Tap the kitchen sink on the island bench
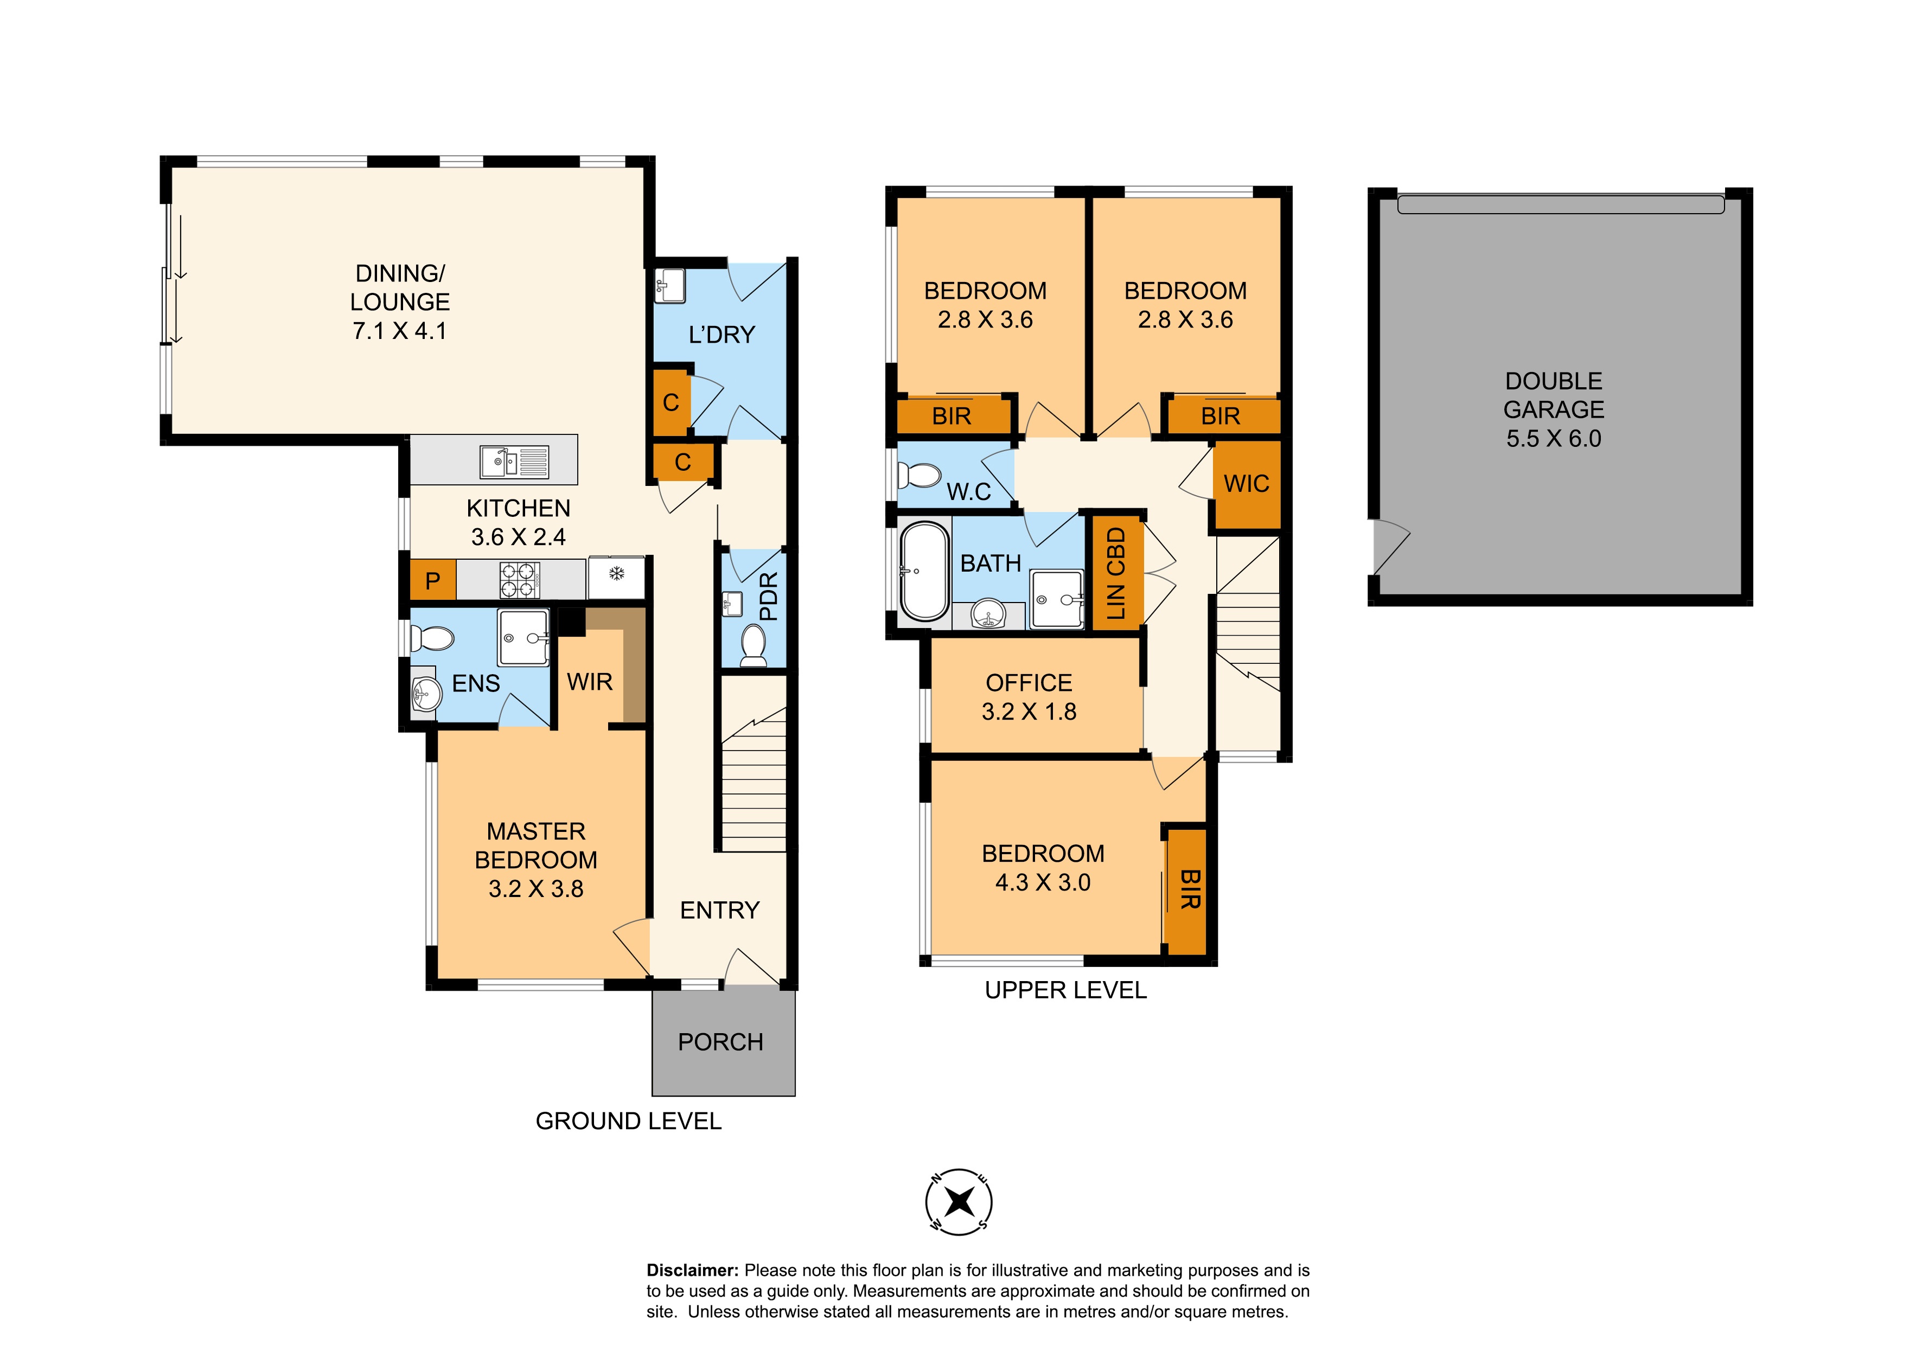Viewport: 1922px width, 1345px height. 514,461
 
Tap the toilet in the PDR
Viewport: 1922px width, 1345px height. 754,646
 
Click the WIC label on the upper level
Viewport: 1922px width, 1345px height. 1247,484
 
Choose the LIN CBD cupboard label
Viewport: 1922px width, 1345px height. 1116,573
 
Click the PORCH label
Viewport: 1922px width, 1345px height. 721,1042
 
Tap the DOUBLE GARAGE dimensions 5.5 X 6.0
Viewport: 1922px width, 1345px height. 1554,439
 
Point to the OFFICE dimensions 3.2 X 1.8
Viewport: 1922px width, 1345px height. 1029,712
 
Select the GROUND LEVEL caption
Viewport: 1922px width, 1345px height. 629,1120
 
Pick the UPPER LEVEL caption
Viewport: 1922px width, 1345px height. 1065,990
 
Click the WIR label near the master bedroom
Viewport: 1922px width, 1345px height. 590,682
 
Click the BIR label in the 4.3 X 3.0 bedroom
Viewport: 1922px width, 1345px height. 1190,889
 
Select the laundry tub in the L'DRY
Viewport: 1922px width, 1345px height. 669,285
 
